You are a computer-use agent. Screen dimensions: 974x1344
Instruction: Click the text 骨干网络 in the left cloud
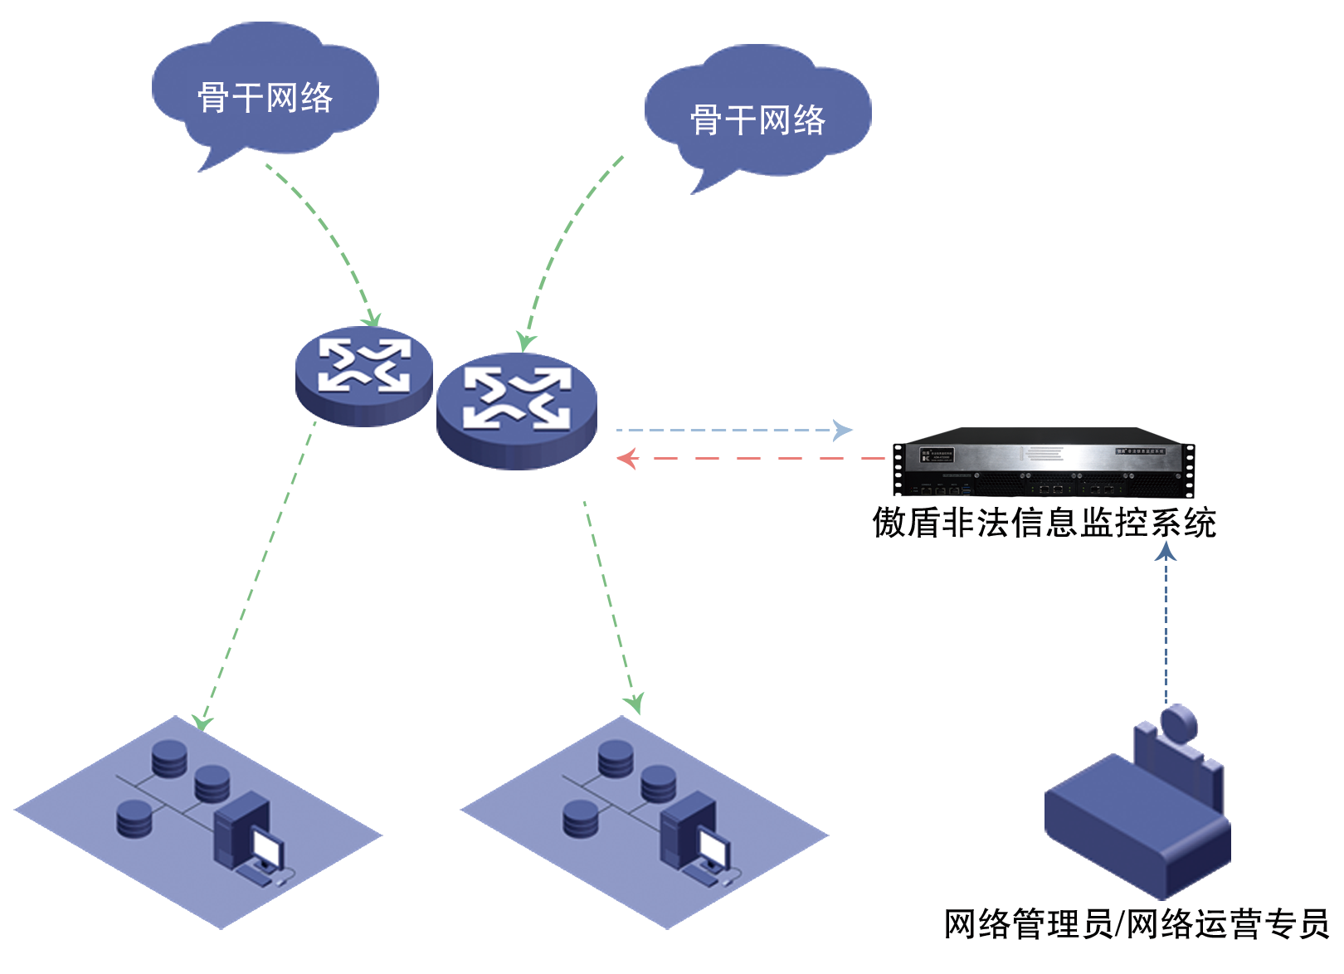[x=265, y=98]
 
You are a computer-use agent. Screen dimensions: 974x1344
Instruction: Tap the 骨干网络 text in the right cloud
[x=757, y=120]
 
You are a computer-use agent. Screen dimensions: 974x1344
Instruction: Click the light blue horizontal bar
[x=733, y=430]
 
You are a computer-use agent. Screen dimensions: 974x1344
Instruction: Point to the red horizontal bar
[x=749, y=458]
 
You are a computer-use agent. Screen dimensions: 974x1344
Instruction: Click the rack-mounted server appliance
[x=1043, y=462]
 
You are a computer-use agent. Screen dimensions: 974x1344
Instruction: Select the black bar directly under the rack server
[x=1043, y=522]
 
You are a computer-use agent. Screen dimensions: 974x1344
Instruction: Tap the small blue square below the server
[x=1165, y=549]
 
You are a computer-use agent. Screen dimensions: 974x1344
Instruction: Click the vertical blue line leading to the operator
[x=1165, y=631]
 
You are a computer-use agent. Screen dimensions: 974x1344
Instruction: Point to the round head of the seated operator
[x=1179, y=723]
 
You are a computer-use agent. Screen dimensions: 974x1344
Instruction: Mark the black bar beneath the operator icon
[x=1137, y=923]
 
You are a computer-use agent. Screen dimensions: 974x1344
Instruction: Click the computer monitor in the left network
[x=267, y=848]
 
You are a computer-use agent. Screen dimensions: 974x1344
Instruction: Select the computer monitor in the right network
[x=713, y=848]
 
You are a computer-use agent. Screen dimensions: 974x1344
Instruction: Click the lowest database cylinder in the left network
[x=134, y=819]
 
